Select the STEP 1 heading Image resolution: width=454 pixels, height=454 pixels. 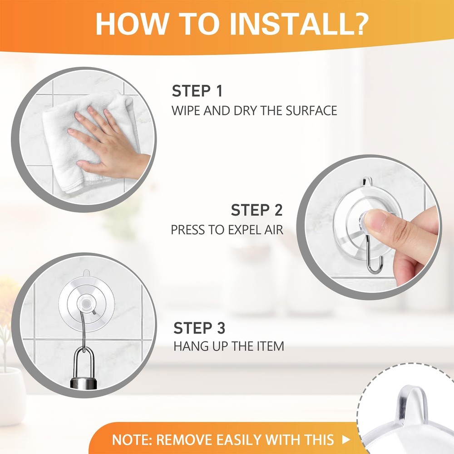tap(197, 91)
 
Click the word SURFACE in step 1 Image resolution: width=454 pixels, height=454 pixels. tap(311, 111)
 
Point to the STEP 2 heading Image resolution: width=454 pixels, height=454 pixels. tap(257, 210)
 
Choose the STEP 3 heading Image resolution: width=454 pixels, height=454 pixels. tap(199, 328)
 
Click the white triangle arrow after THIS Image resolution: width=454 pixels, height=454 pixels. tap(346, 440)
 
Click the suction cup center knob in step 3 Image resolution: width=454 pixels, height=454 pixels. tap(86, 304)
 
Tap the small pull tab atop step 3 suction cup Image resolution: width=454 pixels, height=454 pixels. tap(86, 273)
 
